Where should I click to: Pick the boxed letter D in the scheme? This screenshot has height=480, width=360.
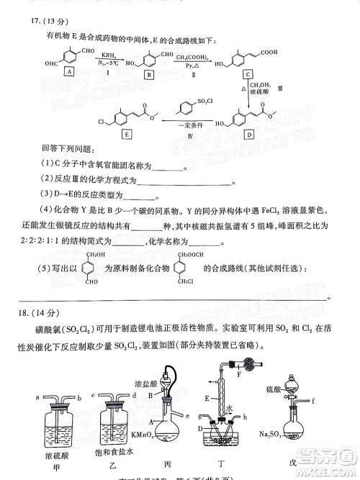click(248, 134)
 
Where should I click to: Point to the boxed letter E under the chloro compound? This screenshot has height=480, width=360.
click(127, 134)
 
